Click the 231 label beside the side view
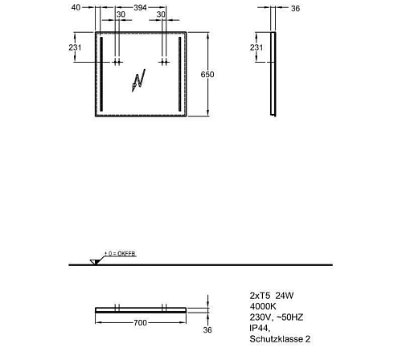tap(256, 48)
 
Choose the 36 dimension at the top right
tap(293, 10)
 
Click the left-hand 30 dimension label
tap(121, 16)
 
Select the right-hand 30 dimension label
tap(161, 16)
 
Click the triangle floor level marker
tap(95, 262)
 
